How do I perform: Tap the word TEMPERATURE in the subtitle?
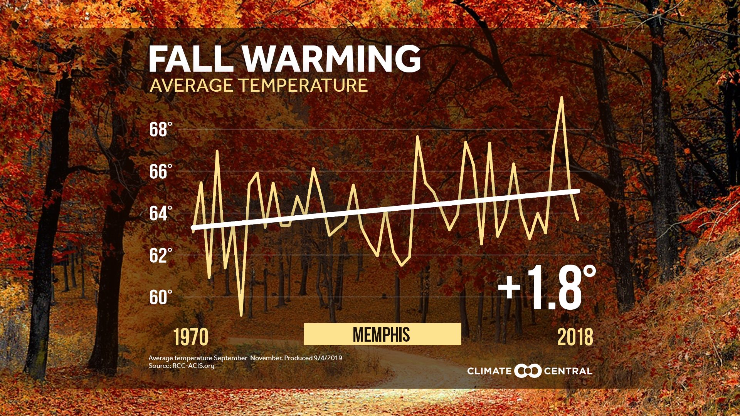pyautogui.click(x=303, y=86)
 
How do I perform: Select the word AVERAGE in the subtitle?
pyautogui.click(x=191, y=86)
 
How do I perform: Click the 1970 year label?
pyautogui.click(x=191, y=337)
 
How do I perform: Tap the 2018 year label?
pyautogui.click(x=575, y=337)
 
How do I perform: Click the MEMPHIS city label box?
pyautogui.click(x=382, y=334)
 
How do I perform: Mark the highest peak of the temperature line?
pyautogui.click(x=562, y=98)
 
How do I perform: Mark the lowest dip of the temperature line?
pyautogui.click(x=241, y=315)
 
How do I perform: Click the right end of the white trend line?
pyautogui.click(x=578, y=191)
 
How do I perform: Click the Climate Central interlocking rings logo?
pyautogui.click(x=528, y=371)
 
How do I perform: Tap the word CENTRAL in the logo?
pyautogui.click(x=568, y=371)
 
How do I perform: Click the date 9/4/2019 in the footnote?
pyautogui.click(x=328, y=358)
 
